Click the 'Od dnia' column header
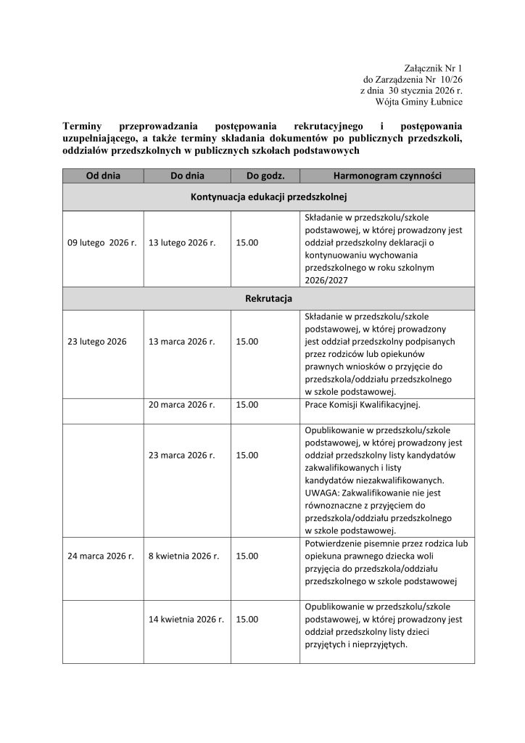tap(103, 176)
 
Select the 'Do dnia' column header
tap(187, 176)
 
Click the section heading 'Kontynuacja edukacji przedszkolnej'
tap(269, 197)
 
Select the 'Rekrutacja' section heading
tap(269, 298)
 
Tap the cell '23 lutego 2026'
tap(96, 341)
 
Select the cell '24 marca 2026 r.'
tap(101, 556)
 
